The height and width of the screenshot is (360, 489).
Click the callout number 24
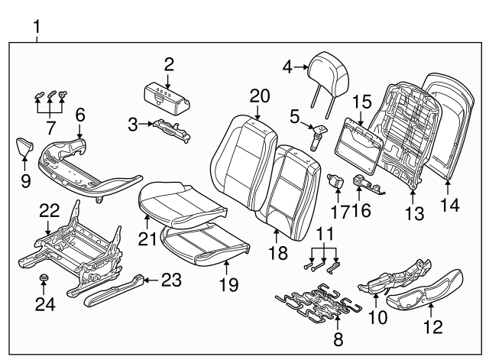(x=44, y=303)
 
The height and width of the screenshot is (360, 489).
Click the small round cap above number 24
(x=44, y=277)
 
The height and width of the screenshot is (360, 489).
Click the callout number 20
(x=260, y=96)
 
